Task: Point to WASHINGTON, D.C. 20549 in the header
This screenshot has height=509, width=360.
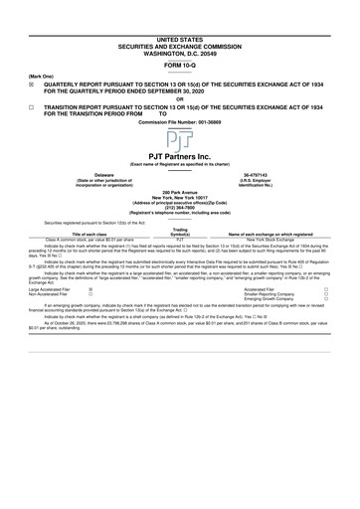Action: tap(180, 23)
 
